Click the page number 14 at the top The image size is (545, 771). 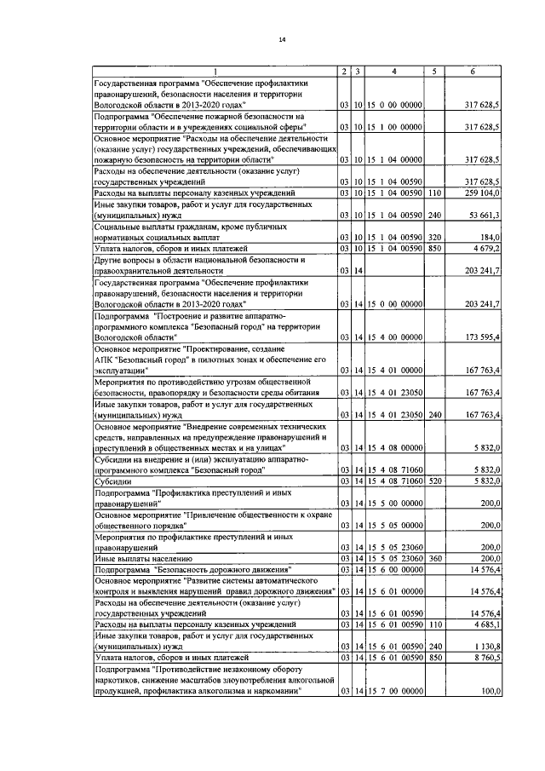282,39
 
